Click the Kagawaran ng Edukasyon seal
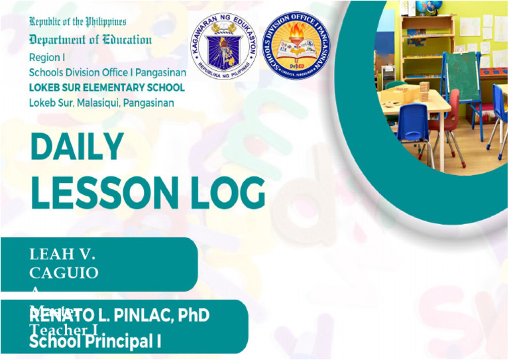223,43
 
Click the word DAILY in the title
77,147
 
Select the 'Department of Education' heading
90,39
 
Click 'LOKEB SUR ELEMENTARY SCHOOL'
107,88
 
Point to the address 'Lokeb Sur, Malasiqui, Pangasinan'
101,103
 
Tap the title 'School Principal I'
95,341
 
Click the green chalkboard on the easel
461,74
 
